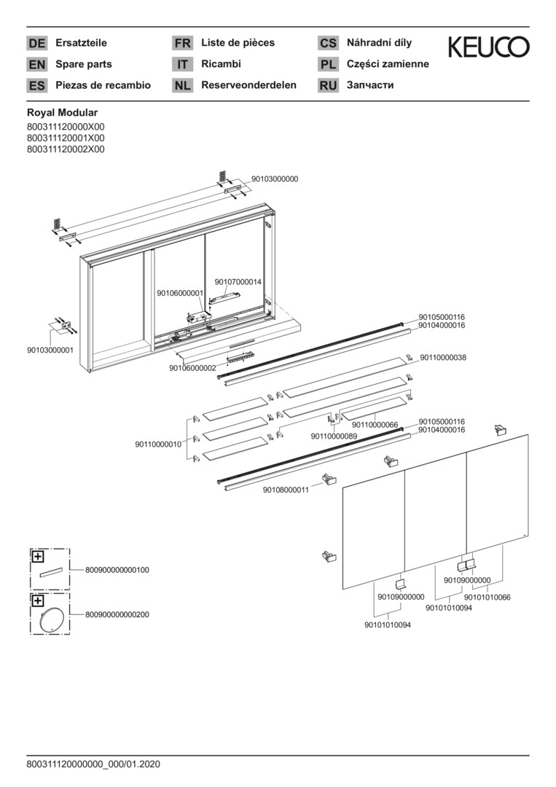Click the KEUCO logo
coord(488,48)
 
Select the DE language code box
coord(36,43)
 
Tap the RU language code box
coord(328,85)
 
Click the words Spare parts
coord(84,64)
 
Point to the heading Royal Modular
coord(62,113)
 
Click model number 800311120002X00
coord(66,149)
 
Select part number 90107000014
coord(238,282)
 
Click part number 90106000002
coord(192,368)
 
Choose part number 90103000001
coord(50,350)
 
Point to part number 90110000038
coord(443,358)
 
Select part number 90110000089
coord(334,436)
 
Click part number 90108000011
coord(286,490)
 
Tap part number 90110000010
coord(158,444)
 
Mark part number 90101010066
coord(487,598)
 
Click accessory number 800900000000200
coord(117,614)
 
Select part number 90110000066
coord(375,425)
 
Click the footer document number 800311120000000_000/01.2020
coord(93,764)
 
